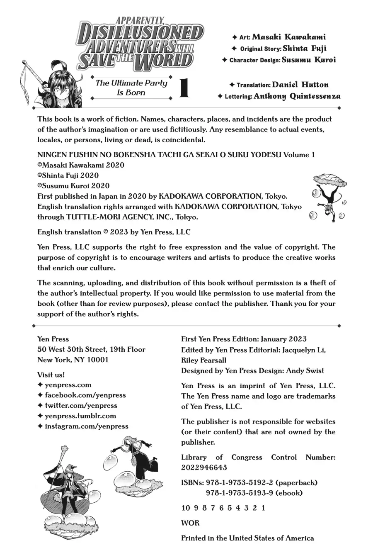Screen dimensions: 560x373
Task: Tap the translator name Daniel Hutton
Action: click(x=300, y=85)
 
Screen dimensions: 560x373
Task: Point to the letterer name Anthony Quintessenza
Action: click(x=297, y=96)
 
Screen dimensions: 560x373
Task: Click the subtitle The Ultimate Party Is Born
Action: click(x=131, y=88)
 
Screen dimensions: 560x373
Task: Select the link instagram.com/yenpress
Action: click(x=86, y=426)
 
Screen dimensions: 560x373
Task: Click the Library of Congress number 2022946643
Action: click(x=204, y=467)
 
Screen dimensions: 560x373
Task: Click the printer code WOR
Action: click(x=190, y=523)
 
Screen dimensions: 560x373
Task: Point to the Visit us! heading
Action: click(x=51, y=375)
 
